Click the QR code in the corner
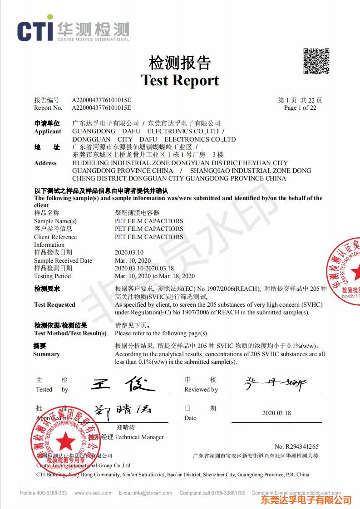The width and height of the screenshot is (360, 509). (316, 61)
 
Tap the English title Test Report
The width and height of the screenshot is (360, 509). (180, 80)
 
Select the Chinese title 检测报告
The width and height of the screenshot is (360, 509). (180, 62)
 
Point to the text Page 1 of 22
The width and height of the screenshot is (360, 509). (300, 108)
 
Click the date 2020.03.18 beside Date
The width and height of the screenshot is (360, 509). (276, 413)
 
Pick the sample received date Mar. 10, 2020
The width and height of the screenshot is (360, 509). (133, 260)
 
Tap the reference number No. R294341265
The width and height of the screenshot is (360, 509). (296, 447)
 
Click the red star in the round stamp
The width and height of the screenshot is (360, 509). (66, 440)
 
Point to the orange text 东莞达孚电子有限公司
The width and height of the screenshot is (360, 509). (306, 500)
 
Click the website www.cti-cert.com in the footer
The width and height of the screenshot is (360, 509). (91, 493)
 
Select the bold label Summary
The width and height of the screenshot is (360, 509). (46, 354)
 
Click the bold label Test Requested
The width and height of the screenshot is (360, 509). (54, 304)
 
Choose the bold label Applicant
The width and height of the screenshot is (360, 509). (48, 132)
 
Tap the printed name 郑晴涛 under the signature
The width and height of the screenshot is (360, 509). (126, 427)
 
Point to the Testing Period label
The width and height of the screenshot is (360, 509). (52, 276)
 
